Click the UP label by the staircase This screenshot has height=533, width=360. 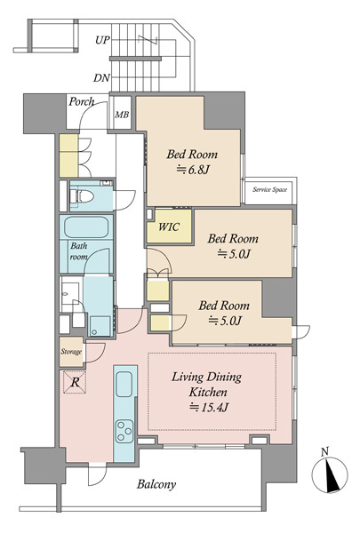click(x=102, y=40)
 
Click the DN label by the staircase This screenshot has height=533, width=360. click(x=101, y=78)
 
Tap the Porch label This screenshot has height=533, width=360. click(x=81, y=101)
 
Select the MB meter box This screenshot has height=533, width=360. click(x=122, y=113)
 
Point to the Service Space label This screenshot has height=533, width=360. click(x=269, y=190)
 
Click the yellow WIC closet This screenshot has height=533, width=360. click(x=169, y=226)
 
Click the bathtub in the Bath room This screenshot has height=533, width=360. click(x=86, y=227)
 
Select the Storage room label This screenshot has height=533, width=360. click(x=71, y=352)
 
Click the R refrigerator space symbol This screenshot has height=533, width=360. click(x=75, y=382)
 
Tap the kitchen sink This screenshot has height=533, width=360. click(x=124, y=384)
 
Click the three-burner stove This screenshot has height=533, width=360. click(x=124, y=432)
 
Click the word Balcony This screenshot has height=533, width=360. click(x=156, y=484)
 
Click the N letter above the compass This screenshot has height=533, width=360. click(x=325, y=452)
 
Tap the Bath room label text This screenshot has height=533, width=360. click(x=78, y=251)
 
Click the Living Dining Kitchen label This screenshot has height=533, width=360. click(x=207, y=385)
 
